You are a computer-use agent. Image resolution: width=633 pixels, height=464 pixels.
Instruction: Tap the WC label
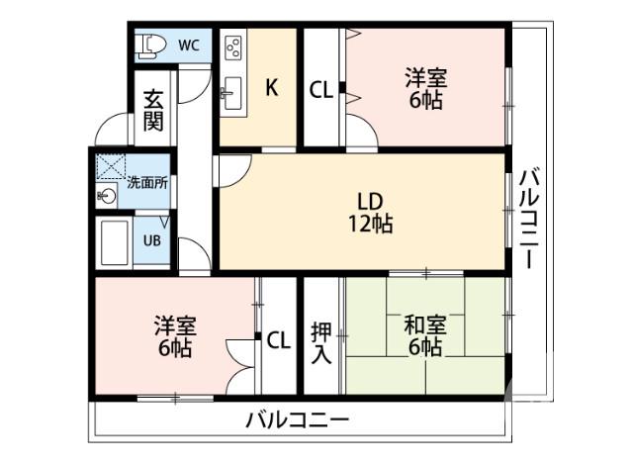coord(190,45)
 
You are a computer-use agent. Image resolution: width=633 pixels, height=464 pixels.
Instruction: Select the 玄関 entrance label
coord(152,112)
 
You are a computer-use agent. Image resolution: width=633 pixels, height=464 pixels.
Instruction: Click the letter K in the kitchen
coord(269,88)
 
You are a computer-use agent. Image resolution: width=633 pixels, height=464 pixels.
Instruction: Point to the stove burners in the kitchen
coord(234,47)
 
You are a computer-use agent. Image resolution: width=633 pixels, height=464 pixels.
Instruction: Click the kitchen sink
coord(233,94)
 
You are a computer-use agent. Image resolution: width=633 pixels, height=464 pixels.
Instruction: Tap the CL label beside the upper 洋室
coord(320,89)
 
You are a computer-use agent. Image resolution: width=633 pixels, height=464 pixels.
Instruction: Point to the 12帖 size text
coord(370,225)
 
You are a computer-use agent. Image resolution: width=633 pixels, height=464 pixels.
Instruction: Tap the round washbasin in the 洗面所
coord(107,196)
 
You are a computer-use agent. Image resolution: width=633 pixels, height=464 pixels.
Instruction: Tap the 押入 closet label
coord(321,341)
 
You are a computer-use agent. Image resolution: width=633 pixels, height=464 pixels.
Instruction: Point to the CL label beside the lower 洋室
coord(279,340)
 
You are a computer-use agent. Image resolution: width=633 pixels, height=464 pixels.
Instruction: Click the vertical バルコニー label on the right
coord(526,220)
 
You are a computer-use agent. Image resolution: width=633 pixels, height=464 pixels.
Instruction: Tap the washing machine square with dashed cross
coord(107,165)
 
